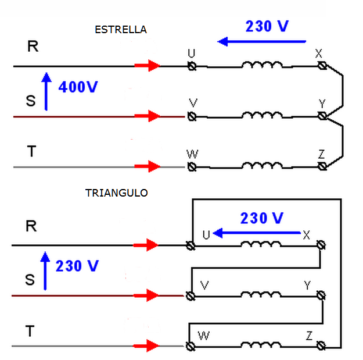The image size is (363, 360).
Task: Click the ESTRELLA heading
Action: coord(121,30)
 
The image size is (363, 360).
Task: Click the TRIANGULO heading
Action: coord(116,193)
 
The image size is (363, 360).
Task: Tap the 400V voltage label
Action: coord(78,87)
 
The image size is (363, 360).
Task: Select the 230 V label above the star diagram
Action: coord(267,26)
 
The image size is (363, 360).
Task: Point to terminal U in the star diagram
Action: coord(192,66)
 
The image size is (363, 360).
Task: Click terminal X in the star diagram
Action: coord(322,66)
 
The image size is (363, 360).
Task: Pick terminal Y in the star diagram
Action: coord(322,116)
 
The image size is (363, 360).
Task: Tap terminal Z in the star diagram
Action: coord(322,166)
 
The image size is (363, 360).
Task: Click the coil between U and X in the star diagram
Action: coord(262,65)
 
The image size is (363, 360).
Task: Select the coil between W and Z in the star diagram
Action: coord(262,165)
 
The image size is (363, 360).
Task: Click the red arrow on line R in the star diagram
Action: coord(148,66)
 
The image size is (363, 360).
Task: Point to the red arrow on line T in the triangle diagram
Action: coord(146,346)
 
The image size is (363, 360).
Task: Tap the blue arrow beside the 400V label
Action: coord(46,91)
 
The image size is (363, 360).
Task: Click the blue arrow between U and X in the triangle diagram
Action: coord(257,233)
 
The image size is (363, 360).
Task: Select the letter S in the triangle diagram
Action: coord(30,280)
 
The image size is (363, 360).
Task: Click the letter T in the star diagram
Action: coord(31,151)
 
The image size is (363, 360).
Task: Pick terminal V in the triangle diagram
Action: coord(191,296)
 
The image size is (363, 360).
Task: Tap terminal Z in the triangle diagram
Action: coord(321,345)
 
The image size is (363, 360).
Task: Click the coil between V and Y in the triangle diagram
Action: coord(261,294)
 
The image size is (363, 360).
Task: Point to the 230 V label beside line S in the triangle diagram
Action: coord(77,266)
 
